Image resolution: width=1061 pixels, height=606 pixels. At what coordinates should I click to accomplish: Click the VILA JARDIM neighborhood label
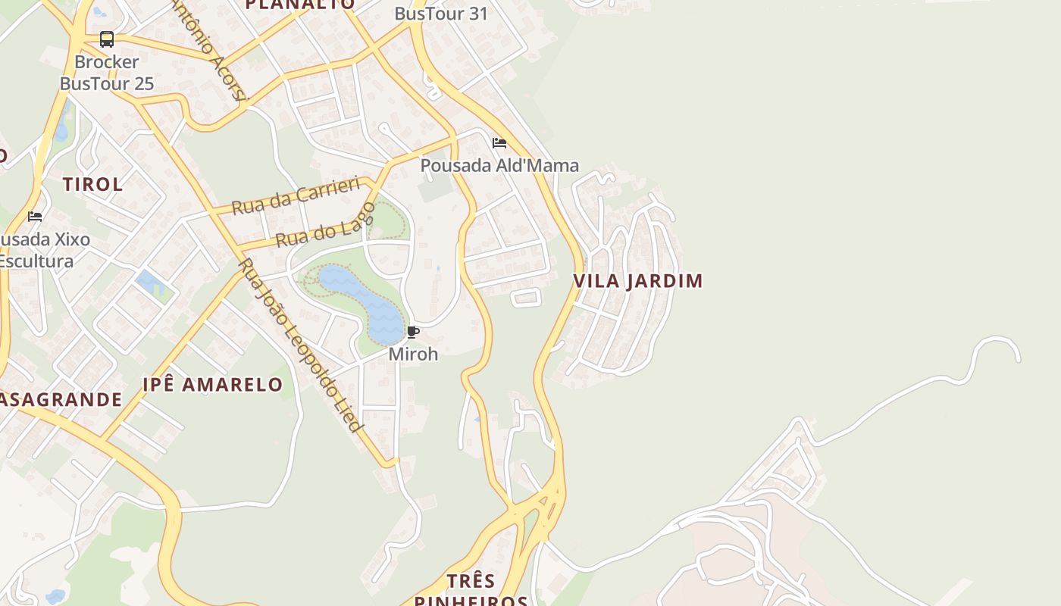coord(637,281)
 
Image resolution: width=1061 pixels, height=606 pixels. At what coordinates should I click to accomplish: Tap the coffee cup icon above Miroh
coord(413,333)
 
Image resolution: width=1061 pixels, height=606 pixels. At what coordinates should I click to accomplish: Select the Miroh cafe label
coord(413,354)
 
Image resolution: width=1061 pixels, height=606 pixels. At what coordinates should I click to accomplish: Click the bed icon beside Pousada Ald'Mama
coord(499,142)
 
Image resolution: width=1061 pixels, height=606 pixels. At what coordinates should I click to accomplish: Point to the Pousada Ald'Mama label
coord(499,165)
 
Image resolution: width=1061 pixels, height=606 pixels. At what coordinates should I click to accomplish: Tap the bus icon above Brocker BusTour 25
coord(107,39)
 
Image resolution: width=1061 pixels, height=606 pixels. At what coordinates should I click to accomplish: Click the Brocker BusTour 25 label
coord(107,73)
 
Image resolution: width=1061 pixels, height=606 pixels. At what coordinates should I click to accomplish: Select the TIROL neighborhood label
coord(92,184)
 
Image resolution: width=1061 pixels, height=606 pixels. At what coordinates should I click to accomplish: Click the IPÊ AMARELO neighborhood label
coord(212,385)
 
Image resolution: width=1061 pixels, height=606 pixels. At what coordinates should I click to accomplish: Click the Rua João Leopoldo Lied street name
coord(300,345)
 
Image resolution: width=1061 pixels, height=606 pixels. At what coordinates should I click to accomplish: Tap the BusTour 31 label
coord(441,14)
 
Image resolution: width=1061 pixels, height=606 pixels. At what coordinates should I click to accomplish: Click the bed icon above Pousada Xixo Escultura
coord(35,217)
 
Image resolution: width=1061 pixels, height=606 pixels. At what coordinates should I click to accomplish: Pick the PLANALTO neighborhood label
coord(300,5)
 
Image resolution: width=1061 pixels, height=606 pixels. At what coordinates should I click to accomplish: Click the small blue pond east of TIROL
coord(149,283)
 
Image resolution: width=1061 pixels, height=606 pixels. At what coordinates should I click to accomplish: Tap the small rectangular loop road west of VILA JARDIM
coord(526,297)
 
